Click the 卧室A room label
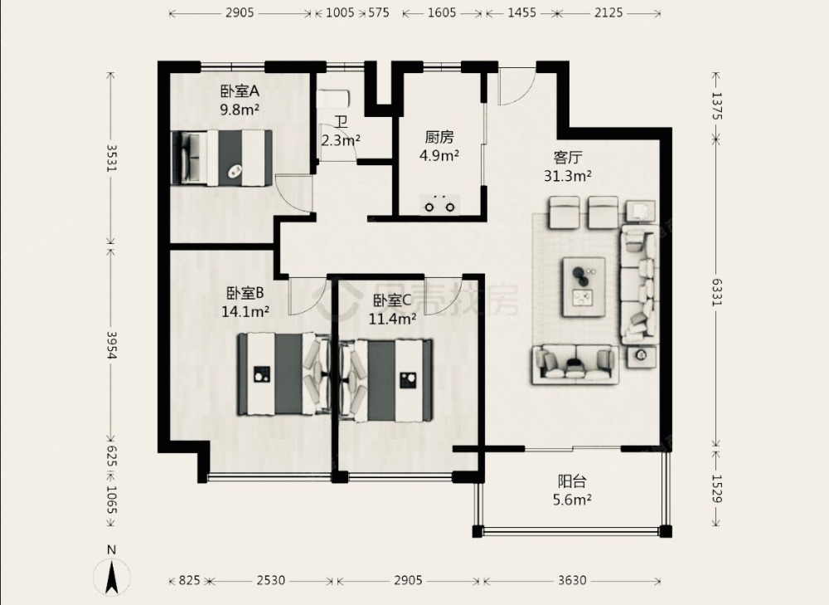pos(240,91)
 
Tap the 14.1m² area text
pos(245,311)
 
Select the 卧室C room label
pos(392,300)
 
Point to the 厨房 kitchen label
pos(439,137)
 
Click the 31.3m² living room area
pos(568,176)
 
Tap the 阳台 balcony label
pos(572,481)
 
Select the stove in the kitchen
pos(439,205)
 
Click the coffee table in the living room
pos(584,287)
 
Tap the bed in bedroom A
pos(222,158)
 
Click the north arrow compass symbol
pos(112,578)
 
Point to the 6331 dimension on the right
pos(716,292)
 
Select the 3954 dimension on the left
pos(111,345)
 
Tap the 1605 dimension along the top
pos(442,12)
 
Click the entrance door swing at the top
pos(517,85)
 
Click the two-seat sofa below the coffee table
pos(574,363)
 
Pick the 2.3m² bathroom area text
pos(341,140)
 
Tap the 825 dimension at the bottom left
pos(189,581)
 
